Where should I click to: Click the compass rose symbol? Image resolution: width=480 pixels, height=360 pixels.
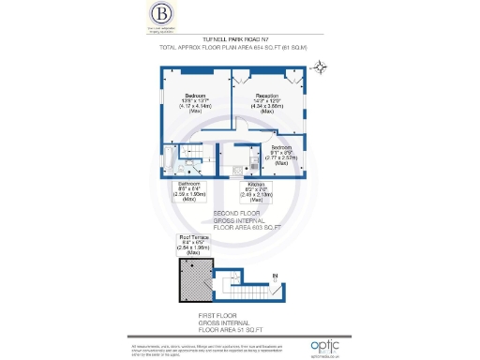pos(322,66)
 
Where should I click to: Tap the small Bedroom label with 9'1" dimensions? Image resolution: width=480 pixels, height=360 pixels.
pos(281,153)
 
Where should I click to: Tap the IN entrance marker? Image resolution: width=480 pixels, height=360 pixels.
pos(275,276)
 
